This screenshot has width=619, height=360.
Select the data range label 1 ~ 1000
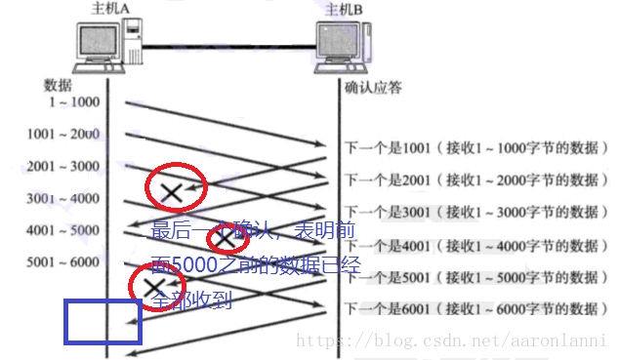click(x=72, y=101)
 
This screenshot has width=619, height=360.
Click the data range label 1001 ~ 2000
click(x=64, y=134)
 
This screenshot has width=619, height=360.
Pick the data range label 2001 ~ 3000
click(x=64, y=166)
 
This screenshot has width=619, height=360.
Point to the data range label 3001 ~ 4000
click(x=64, y=198)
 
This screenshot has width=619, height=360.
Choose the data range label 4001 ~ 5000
click(x=64, y=230)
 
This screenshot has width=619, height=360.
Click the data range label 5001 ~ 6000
click(x=64, y=261)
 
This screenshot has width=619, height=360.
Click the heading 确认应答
click(x=375, y=87)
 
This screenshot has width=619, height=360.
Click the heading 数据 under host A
click(x=59, y=84)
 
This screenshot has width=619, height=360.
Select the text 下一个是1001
click(x=385, y=148)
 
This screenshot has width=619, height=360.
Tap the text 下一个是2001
click(x=385, y=180)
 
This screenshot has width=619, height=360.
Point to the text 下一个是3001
click(x=385, y=212)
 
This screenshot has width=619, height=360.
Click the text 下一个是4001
click(x=385, y=244)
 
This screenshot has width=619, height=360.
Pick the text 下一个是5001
click(x=385, y=276)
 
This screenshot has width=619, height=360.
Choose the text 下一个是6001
click(x=385, y=308)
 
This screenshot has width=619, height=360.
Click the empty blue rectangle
click(x=103, y=322)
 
